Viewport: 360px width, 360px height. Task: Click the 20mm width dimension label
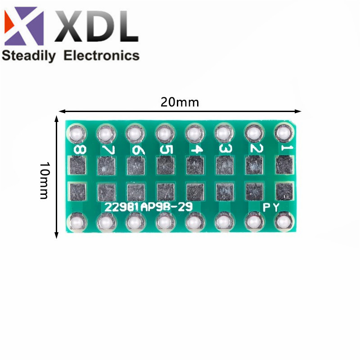(180, 102)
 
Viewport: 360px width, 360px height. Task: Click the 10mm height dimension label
(44, 181)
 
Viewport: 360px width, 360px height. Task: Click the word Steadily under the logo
(29, 56)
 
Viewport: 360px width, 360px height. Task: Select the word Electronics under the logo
(102, 55)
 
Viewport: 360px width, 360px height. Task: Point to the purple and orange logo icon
(24, 26)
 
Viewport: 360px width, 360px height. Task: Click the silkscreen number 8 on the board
(80, 150)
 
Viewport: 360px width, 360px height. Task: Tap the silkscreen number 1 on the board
(287, 148)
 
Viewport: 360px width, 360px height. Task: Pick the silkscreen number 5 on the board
(166, 150)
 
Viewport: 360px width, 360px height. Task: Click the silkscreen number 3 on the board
(225, 148)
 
